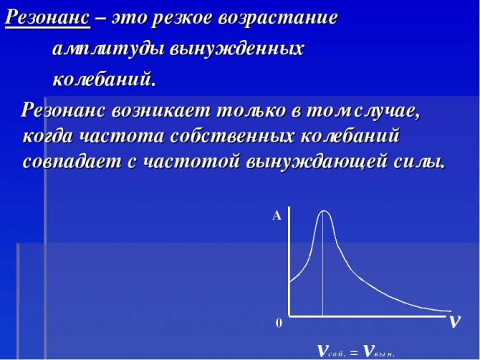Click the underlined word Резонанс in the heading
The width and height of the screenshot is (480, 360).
[x=48, y=18]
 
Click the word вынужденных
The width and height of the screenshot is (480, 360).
[x=236, y=49]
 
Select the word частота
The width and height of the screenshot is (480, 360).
[x=122, y=137]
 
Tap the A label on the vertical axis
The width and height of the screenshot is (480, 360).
[x=277, y=216]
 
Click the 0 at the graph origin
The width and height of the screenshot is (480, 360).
[x=279, y=323]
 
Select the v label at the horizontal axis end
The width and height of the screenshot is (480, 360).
[x=455, y=321]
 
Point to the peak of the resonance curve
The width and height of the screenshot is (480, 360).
[x=323, y=210]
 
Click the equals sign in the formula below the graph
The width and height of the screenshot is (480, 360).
[x=354, y=353]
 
